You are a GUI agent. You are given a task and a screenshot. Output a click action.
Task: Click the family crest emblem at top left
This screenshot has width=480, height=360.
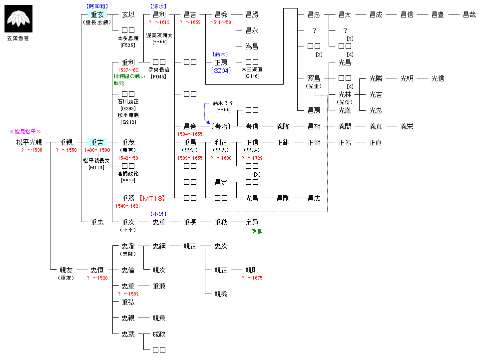point(18,18)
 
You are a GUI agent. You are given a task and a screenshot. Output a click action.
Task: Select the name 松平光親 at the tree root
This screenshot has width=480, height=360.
point(29,142)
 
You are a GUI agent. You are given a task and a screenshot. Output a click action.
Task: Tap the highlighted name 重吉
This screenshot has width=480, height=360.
point(97,142)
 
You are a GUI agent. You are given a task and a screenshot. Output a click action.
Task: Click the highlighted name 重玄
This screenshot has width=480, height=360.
point(97,14)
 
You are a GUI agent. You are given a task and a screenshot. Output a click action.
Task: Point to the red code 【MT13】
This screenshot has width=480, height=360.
point(152,198)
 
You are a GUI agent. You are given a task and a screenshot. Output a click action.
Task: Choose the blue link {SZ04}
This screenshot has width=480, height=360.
point(220,70)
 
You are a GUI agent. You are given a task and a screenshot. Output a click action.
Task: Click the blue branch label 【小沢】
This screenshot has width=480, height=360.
point(158,214)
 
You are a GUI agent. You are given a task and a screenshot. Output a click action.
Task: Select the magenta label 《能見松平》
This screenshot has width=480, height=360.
point(25,131)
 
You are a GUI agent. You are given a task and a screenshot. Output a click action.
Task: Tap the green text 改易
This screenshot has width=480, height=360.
point(257,231)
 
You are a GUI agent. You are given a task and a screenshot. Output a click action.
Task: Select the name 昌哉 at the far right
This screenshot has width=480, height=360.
point(469,14)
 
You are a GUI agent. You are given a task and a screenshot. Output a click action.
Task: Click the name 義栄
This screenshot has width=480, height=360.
point(407,126)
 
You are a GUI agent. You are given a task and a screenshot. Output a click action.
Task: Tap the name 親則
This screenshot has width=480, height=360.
point(252,270)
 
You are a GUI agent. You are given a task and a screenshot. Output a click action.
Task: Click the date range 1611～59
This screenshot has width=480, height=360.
point(221,22)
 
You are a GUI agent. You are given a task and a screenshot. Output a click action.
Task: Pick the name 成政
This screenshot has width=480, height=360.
point(159,334)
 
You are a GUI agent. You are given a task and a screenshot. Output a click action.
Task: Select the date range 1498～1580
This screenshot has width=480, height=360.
point(97,150)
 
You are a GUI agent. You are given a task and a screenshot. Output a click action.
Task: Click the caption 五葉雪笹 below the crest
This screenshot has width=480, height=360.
point(18,37)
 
